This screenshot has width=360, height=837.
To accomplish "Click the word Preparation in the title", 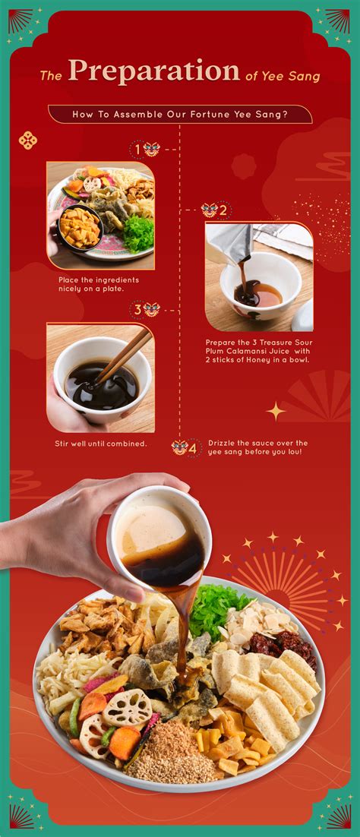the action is pyautogui.click(x=154, y=71).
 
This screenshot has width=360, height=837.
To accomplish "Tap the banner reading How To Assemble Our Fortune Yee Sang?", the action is pyautogui.click(x=180, y=114).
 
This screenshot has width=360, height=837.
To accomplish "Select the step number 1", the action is pyautogui.click(x=137, y=150).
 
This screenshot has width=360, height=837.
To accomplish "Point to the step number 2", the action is pyautogui.click(x=223, y=210).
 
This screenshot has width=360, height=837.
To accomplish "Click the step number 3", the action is pyautogui.click(x=137, y=310).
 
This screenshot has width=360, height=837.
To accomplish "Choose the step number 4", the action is pyautogui.click(x=193, y=448).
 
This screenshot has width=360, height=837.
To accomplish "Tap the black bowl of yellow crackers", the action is pyautogui.click(x=80, y=228).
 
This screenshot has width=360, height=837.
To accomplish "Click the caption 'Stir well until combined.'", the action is pyautogui.click(x=101, y=444).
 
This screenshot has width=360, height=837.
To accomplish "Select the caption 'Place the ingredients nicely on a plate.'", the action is pyautogui.click(x=98, y=285).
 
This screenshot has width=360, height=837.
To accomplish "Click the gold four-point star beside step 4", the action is pyautogui.click(x=276, y=411).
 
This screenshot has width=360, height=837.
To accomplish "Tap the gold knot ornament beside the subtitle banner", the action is pyautogui.click(x=28, y=141).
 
